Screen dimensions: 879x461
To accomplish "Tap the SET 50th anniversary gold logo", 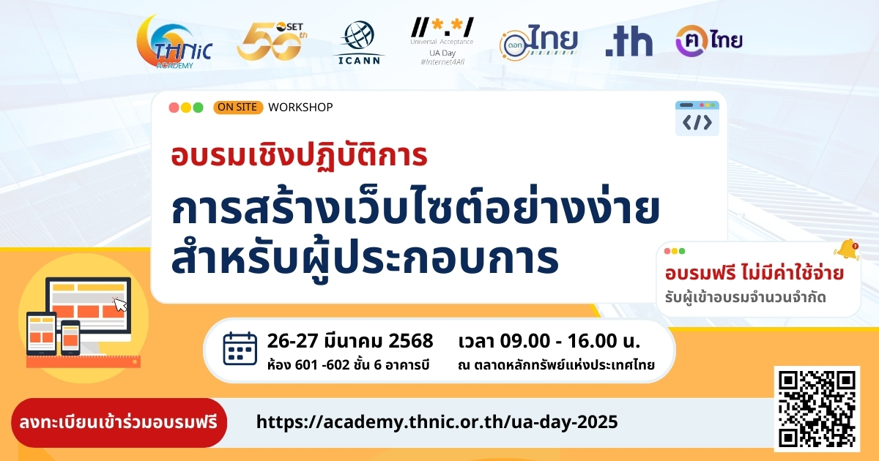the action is coord(272,42).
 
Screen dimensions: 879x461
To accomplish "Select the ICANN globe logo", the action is coord(359,42).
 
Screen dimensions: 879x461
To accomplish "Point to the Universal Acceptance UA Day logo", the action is coord(442,41).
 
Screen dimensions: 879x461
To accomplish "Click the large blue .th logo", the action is coord(628,42).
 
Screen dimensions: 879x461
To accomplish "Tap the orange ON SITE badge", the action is coord(238,107).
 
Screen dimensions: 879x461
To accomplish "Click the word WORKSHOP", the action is coord(300,107).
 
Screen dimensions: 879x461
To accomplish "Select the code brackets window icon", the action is coord(697,119).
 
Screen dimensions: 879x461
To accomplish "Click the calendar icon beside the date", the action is coord(240,348).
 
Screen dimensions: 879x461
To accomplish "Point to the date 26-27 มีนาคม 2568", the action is coord(350,341).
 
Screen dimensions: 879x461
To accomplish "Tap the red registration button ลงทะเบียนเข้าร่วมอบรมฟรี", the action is coord(119,423).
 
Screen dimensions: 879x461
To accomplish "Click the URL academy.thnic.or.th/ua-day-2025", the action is coord(437,422).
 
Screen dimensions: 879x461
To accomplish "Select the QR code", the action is coord(817,409).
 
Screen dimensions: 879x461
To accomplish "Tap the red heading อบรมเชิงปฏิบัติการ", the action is coord(299,156).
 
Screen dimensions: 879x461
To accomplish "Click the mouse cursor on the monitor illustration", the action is coord(120,304).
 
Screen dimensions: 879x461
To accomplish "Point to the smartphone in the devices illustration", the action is coord(70,337).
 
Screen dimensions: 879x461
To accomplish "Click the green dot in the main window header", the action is coord(199,108).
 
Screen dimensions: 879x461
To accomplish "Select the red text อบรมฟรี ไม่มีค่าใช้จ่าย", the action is coord(754,273).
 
